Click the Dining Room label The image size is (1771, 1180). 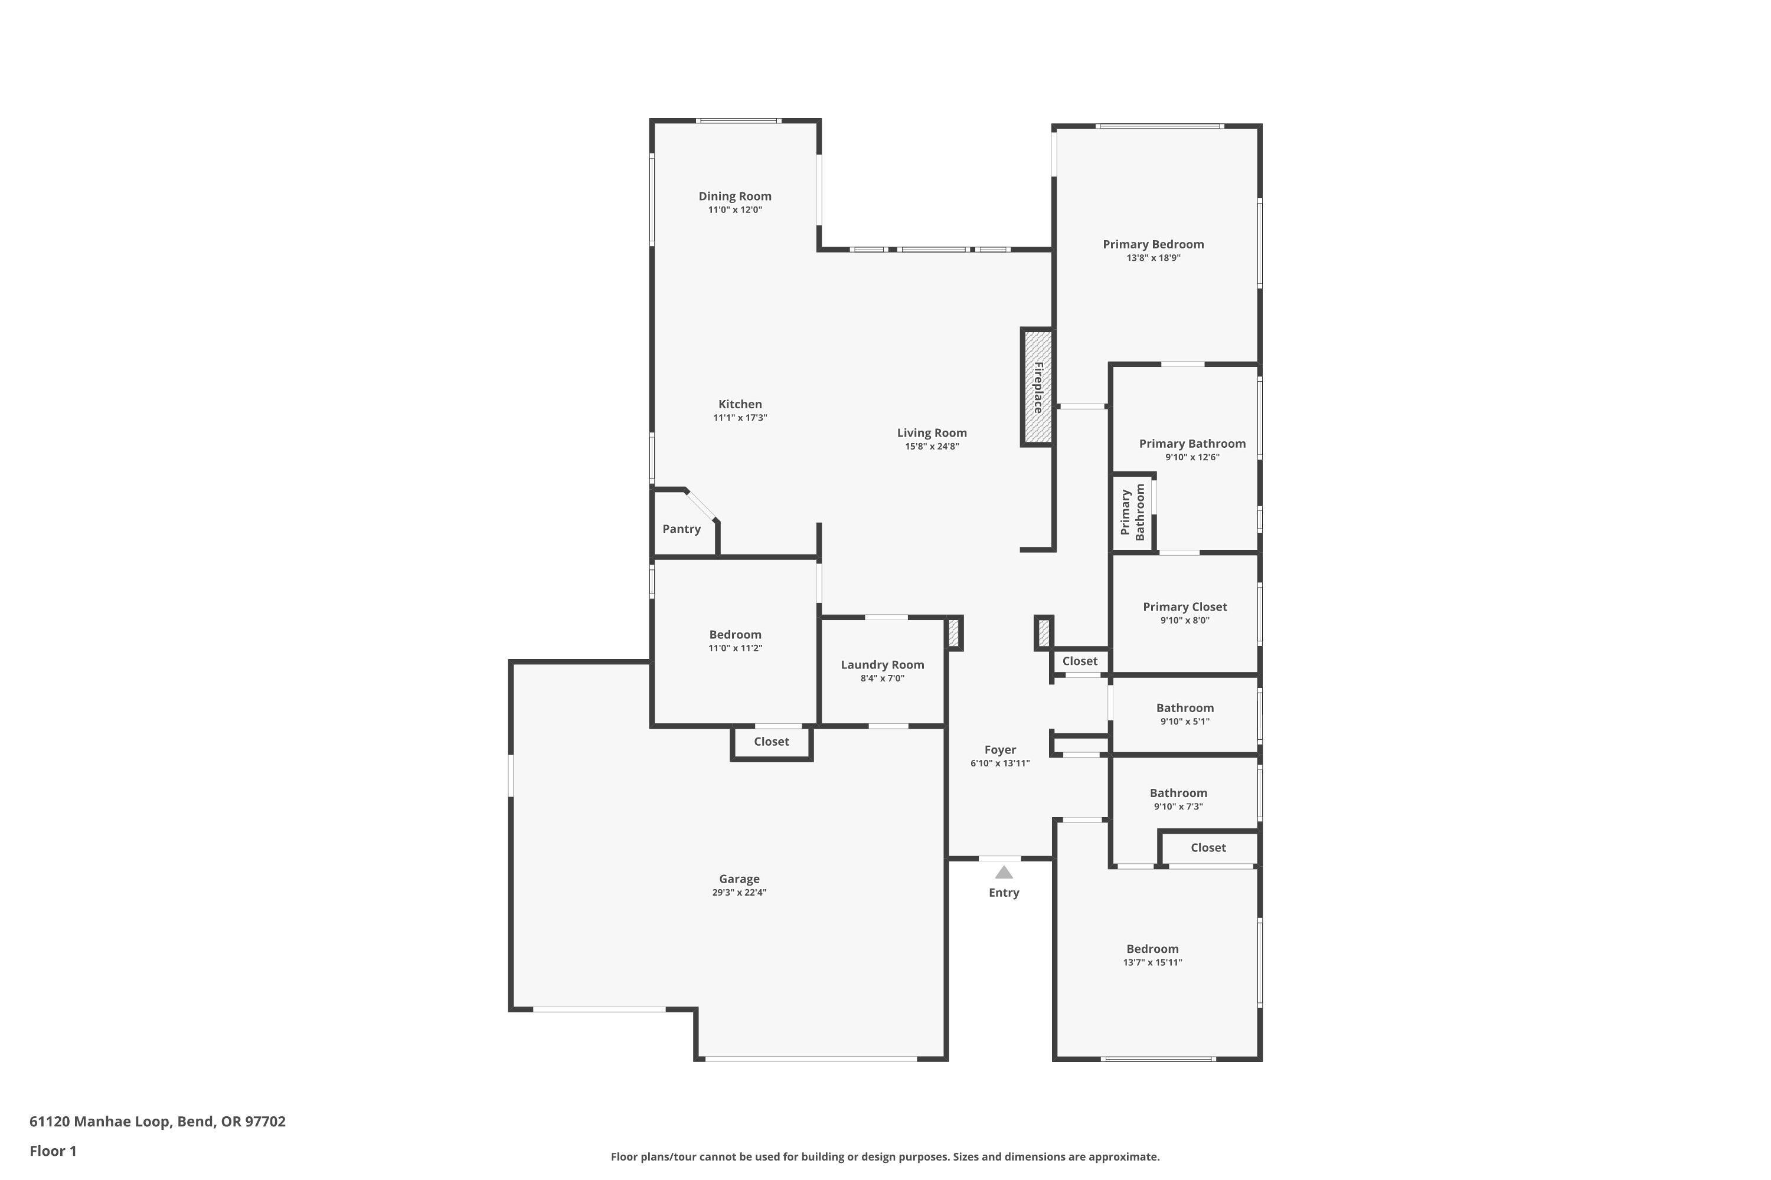coord(735,196)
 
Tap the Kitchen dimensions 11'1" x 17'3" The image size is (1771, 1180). coord(740,418)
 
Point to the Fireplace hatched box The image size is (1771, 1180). coord(1037,388)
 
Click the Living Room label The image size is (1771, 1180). coord(932,432)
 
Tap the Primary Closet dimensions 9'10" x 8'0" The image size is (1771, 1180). coord(1184,620)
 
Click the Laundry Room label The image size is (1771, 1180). coord(882,664)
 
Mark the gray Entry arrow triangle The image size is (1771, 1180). coord(1004,872)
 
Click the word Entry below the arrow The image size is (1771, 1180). coord(1004,893)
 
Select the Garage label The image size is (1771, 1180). coord(739,879)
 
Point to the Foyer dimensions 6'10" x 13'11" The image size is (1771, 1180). coord(1000,763)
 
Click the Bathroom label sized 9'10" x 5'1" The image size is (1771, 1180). coord(1184,708)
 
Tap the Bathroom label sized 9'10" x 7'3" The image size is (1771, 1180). coord(1178,793)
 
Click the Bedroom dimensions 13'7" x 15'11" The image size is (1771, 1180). coord(1152,962)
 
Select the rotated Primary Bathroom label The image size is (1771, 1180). coord(1132,513)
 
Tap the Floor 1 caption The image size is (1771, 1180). coord(53,1150)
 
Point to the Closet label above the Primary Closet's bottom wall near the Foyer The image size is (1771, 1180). coord(1080,661)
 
